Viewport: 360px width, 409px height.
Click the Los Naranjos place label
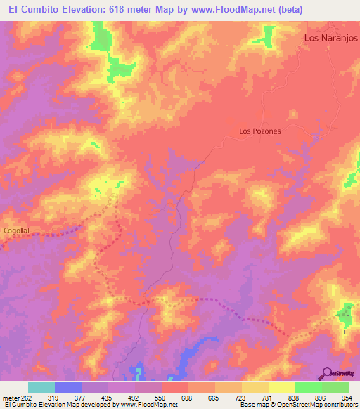[x=330, y=39]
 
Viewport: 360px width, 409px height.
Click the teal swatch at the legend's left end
[x=41, y=387]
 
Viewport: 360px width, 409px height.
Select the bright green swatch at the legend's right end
[x=335, y=387]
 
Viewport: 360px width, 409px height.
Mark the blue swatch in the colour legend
[x=68, y=387]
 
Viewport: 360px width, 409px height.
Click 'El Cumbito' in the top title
[x=32, y=11]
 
